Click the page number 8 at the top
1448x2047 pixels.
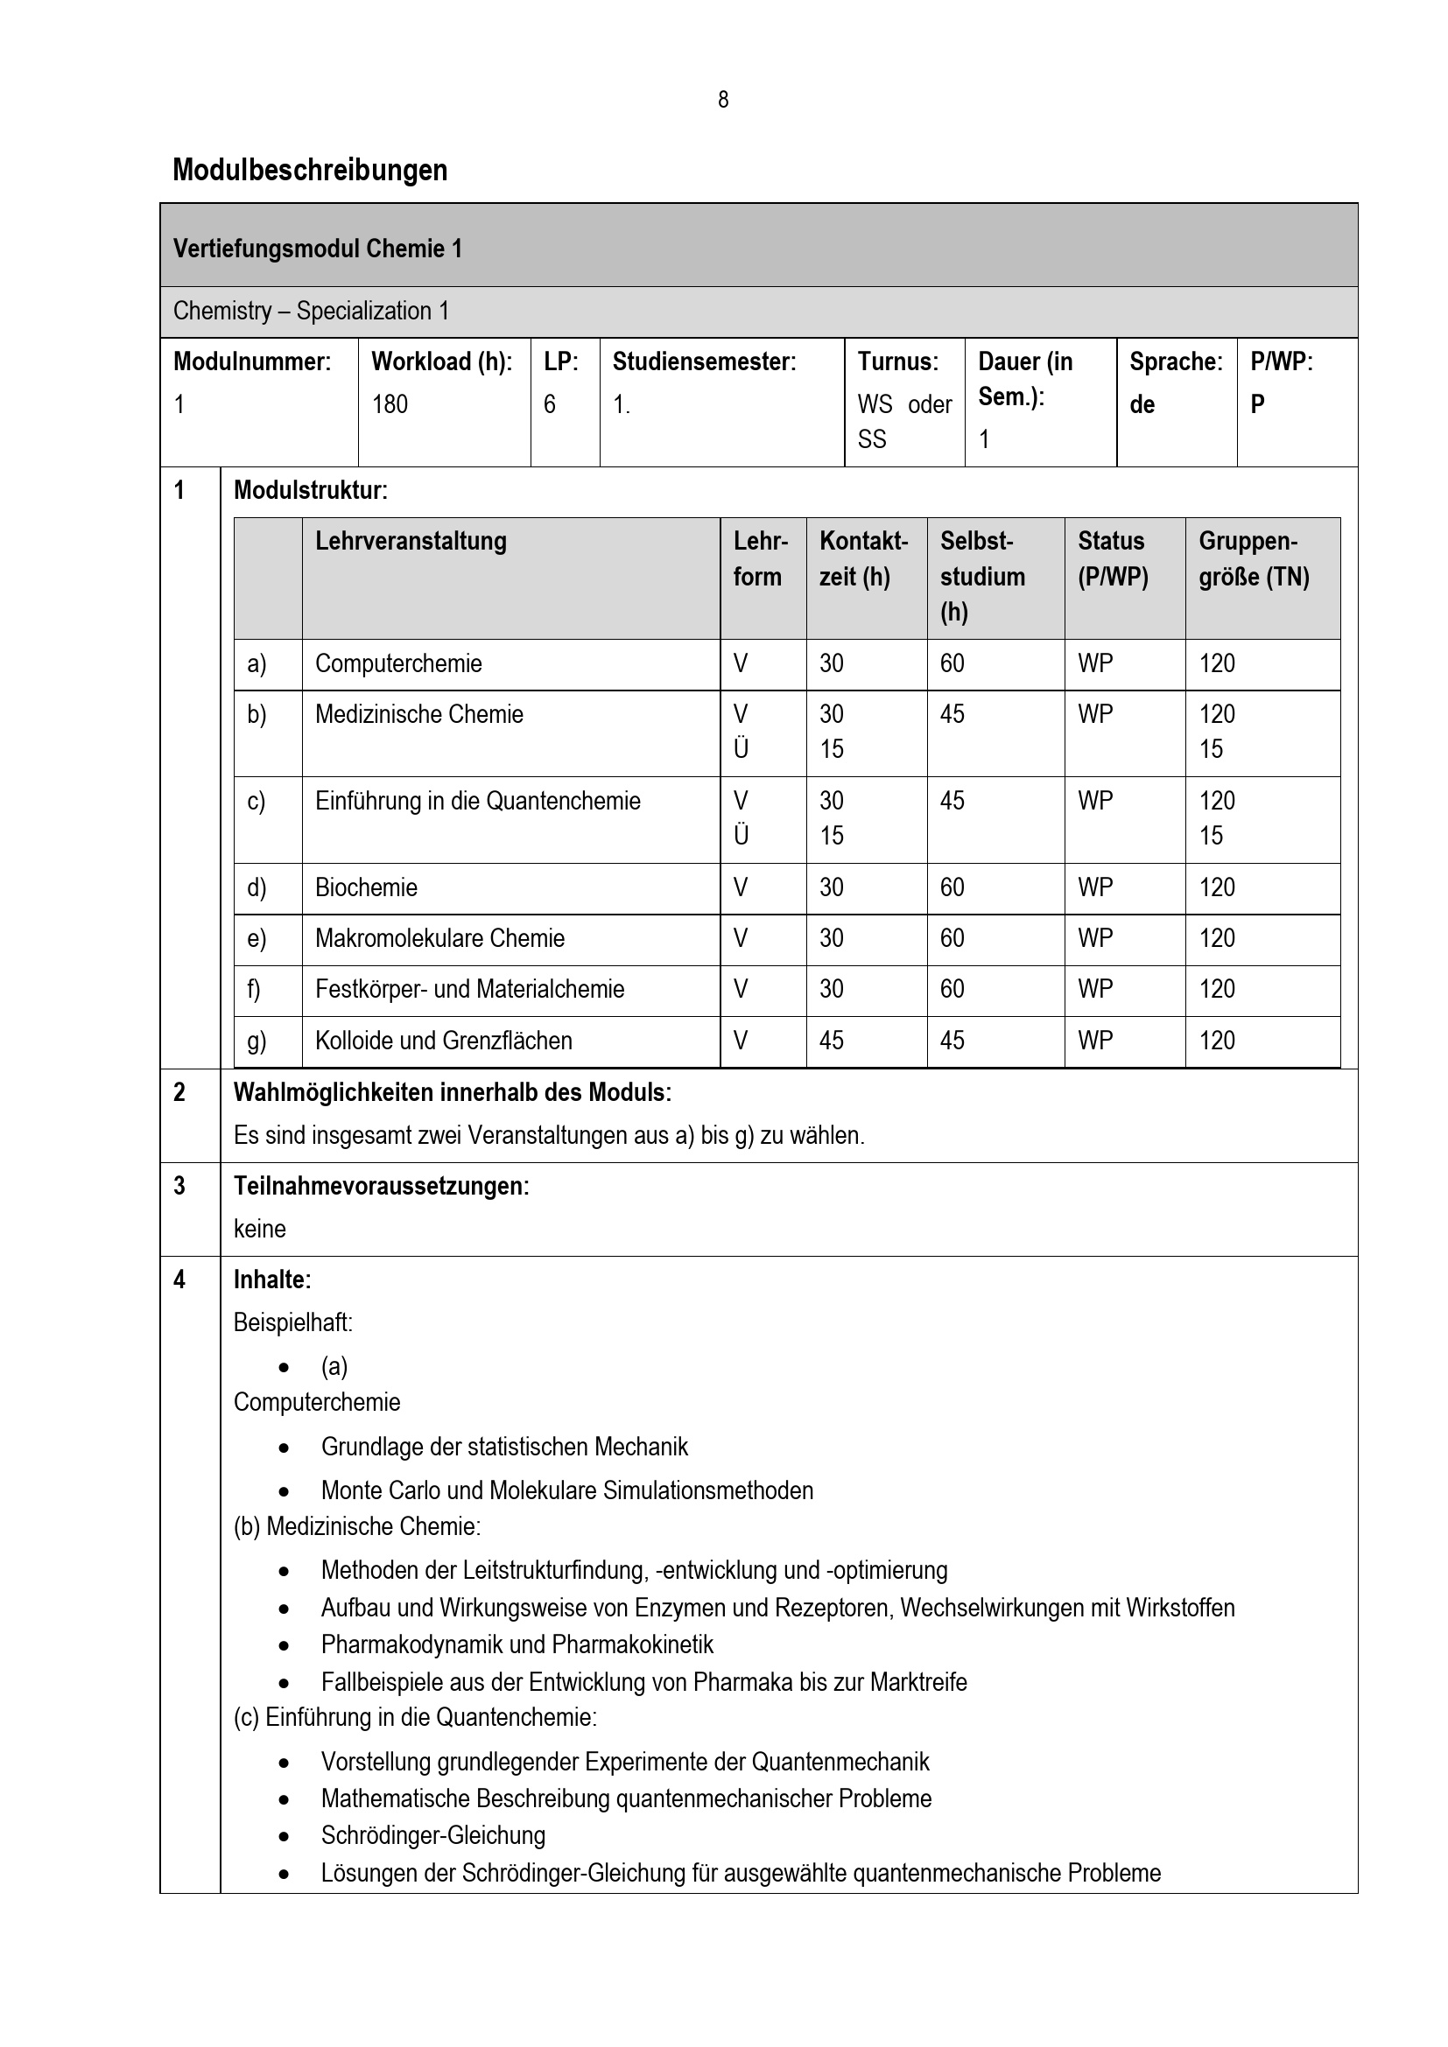pos(722,100)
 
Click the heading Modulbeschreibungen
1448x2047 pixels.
pos(309,170)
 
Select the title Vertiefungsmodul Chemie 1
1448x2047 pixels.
pos(318,248)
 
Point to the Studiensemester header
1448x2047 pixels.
pos(704,361)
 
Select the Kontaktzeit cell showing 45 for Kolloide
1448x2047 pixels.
pos(831,1041)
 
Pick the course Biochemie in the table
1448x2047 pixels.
pos(366,887)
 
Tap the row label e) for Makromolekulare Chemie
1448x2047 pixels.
pos(256,938)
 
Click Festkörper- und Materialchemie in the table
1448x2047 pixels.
pos(469,989)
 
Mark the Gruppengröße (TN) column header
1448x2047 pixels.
pos(1253,559)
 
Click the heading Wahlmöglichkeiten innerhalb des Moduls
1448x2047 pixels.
pos(452,1092)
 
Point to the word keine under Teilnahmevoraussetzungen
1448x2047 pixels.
pos(259,1229)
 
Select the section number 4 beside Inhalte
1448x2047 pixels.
pos(179,1279)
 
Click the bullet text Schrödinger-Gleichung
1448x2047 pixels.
pos(432,1835)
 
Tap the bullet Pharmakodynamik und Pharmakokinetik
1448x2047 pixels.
pos(517,1644)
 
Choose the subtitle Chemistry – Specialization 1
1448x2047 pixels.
pos(310,311)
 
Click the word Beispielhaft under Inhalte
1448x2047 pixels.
pos(292,1322)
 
